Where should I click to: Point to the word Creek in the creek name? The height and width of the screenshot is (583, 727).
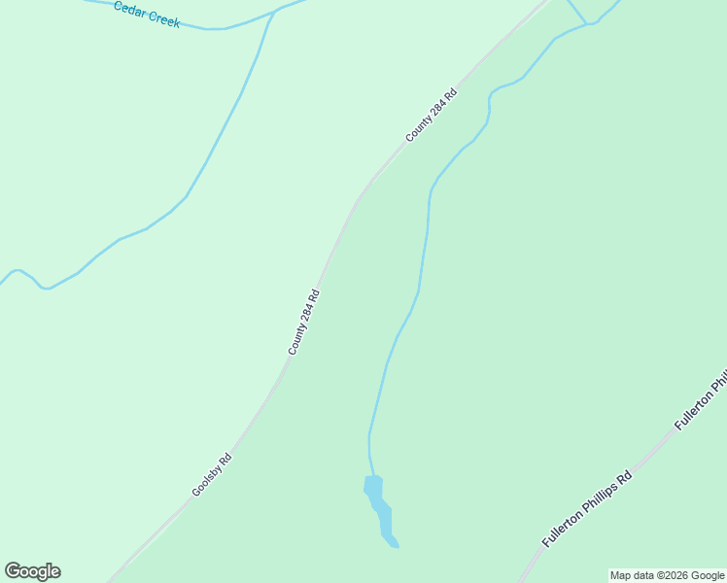[x=162, y=18]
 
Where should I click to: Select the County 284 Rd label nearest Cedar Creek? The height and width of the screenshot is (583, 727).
[x=432, y=116]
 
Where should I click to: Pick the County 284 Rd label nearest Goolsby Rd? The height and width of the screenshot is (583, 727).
[x=303, y=322]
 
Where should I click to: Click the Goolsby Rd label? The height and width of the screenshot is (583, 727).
[x=211, y=475]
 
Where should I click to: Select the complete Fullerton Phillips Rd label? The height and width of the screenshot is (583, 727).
[x=587, y=508]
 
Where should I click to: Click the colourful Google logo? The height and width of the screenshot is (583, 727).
[x=32, y=571]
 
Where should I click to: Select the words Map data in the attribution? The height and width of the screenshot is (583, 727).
[x=632, y=576]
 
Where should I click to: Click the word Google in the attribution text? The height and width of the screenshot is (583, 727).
[x=708, y=576]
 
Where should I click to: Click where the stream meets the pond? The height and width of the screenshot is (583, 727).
[x=372, y=477]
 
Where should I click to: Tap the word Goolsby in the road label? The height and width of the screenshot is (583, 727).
[x=206, y=481]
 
